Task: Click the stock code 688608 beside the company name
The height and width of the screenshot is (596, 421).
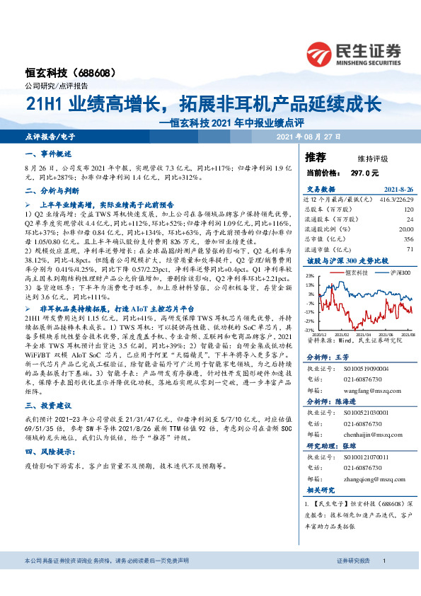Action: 91,73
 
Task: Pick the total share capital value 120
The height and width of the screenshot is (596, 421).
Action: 408,210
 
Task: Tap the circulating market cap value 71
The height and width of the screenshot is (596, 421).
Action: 408,249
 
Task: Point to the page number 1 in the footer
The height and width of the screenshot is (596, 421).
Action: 383,580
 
